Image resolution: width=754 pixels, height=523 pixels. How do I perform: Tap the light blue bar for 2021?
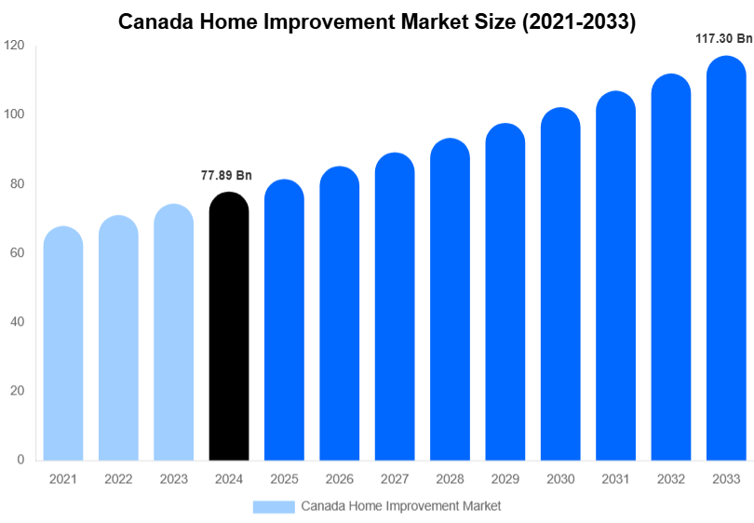point(63,343)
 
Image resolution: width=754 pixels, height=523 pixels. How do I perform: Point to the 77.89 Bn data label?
point(226,175)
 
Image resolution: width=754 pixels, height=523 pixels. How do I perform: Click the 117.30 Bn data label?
point(723,39)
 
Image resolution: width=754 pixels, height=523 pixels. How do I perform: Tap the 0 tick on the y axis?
point(20,460)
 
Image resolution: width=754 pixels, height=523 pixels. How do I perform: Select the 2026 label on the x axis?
point(339,479)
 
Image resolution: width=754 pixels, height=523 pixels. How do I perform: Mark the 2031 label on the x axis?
point(615,479)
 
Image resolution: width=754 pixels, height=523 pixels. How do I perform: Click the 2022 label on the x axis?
point(118,479)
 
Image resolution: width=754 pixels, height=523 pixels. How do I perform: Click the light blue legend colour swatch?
point(274,506)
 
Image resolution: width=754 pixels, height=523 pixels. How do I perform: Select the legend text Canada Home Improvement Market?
point(400,506)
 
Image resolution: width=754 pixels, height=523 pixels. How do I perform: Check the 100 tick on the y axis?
point(14,114)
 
